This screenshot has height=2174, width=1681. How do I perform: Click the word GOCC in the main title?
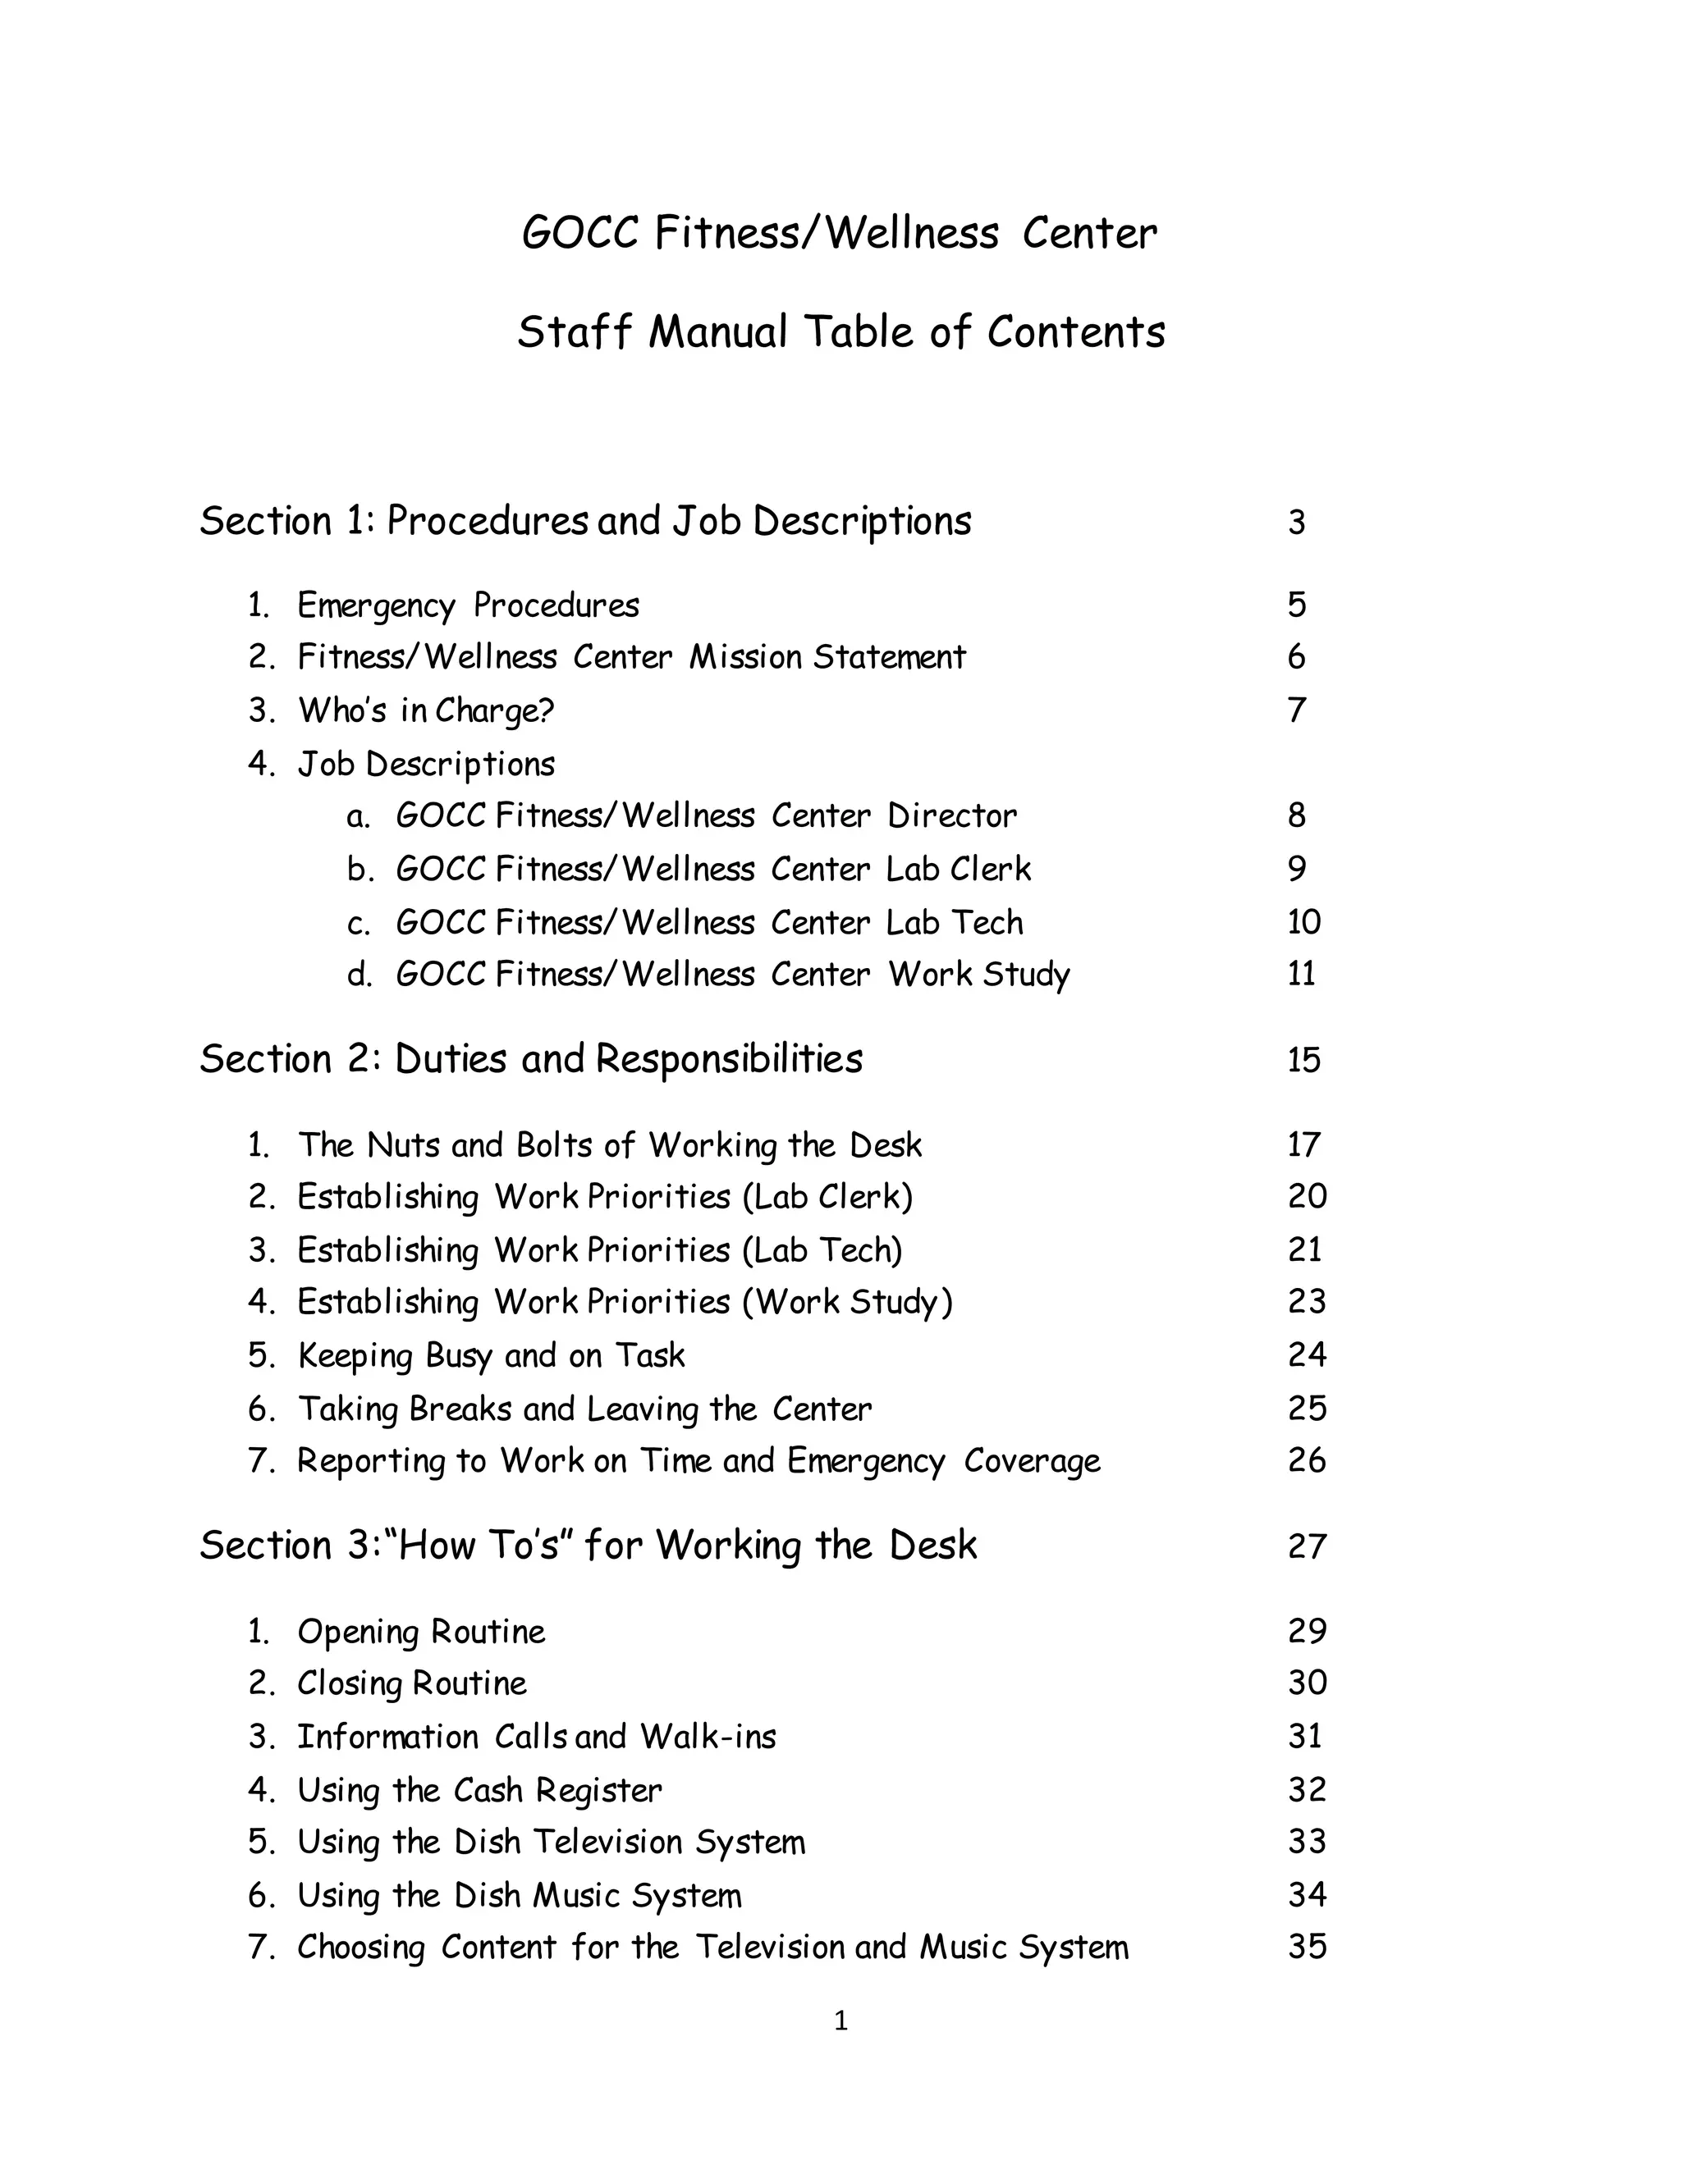(x=579, y=235)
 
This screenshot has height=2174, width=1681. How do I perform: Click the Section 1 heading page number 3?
(x=1295, y=523)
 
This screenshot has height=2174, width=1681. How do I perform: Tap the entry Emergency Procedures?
(x=468, y=605)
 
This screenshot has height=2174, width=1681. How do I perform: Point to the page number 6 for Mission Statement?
(x=1295, y=657)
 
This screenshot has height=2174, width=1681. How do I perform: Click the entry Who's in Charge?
(x=425, y=710)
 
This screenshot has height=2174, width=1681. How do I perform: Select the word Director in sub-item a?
(x=952, y=816)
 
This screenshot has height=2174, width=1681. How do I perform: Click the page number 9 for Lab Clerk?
(x=1295, y=869)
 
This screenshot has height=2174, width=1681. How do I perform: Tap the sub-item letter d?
(x=359, y=975)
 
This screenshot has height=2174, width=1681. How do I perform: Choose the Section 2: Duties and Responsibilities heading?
(x=531, y=1059)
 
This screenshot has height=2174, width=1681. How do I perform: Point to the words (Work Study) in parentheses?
(x=846, y=1302)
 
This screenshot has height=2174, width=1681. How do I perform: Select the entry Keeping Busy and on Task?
(x=491, y=1356)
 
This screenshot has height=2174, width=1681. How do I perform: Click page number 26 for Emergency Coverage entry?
(x=1307, y=1460)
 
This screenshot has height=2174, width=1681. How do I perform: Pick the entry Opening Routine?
(x=421, y=1632)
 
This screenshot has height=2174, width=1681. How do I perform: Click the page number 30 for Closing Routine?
(x=1307, y=1683)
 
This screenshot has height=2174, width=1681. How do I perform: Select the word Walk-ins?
(x=708, y=1737)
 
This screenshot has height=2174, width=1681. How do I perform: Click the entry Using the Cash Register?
(x=479, y=1790)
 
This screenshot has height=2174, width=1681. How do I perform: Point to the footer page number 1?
(x=840, y=2021)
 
